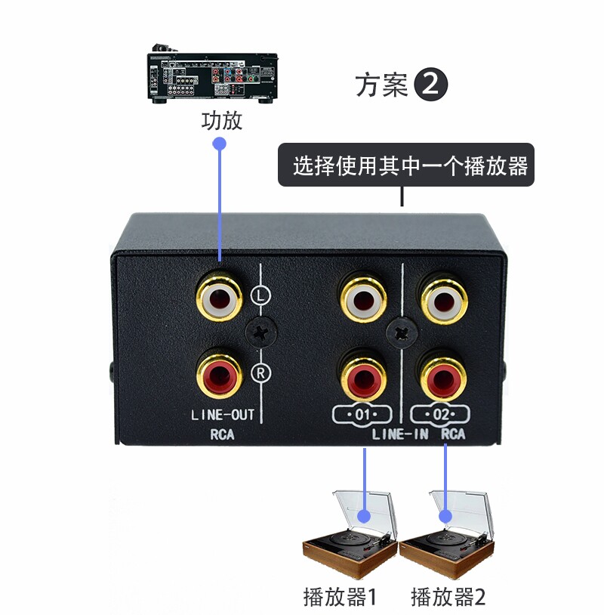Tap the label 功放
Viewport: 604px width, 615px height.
(221, 121)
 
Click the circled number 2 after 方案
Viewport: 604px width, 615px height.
(431, 85)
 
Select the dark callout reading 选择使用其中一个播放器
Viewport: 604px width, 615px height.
(406, 165)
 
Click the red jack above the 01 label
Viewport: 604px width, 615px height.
(364, 373)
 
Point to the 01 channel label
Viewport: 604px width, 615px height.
(362, 414)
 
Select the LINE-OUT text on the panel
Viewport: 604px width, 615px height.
(222, 414)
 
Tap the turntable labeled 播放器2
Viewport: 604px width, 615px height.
(448, 539)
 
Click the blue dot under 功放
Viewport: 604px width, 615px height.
(220, 144)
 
